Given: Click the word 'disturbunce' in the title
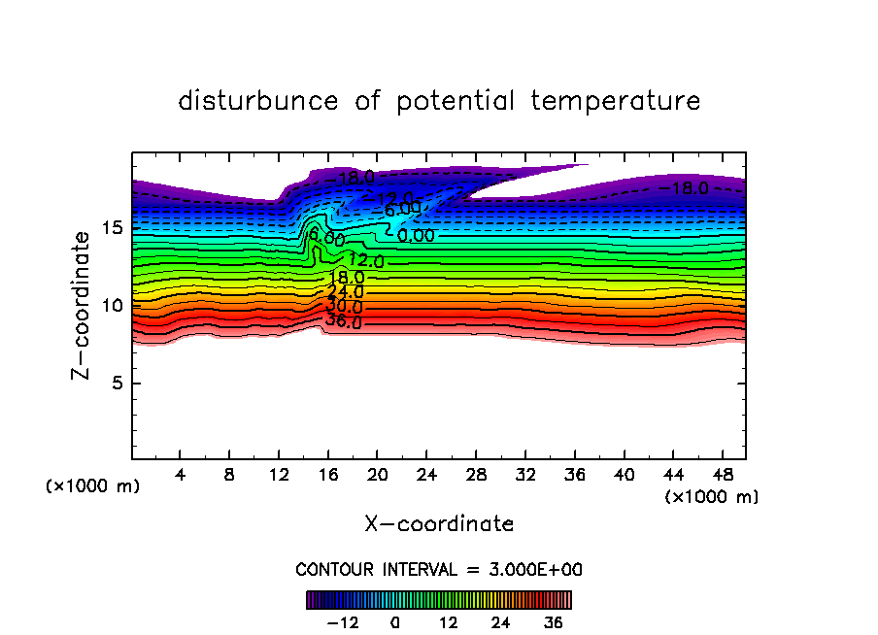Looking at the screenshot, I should click(x=258, y=101).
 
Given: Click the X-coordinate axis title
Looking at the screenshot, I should click(x=439, y=524).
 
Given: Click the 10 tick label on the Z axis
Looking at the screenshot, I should click(x=112, y=305).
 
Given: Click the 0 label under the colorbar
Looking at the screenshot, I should click(x=395, y=622).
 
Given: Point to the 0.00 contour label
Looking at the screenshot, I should click(x=416, y=235).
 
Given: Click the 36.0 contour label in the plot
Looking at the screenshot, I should click(x=344, y=322).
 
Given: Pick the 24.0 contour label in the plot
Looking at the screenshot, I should click(x=346, y=291).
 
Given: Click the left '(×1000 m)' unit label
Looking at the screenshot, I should click(x=93, y=486).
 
